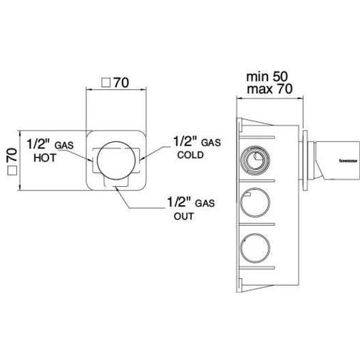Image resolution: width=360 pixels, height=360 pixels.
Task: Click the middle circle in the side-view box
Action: pyautogui.click(x=254, y=206)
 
